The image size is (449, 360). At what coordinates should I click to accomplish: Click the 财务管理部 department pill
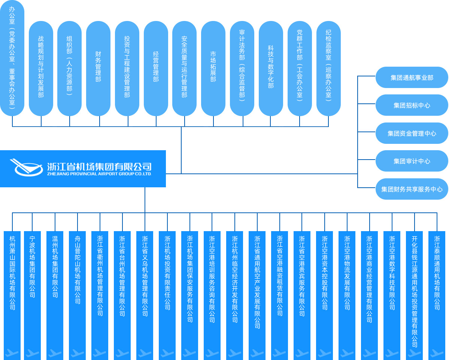coord(98,68)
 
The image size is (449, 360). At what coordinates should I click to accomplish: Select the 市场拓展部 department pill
coord(213,68)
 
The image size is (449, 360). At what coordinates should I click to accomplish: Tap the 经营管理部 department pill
coord(156,68)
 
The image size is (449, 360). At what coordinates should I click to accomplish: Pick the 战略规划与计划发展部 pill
coord(41,68)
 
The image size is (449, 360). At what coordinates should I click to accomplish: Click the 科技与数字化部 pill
coord(271,68)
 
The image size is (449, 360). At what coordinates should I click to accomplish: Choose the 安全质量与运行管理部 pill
coord(184,68)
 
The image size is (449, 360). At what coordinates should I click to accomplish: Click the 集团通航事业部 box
coord(412,78)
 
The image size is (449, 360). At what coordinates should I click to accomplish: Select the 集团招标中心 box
coord(412,105)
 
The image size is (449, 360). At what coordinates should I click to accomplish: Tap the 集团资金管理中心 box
coord(412,133)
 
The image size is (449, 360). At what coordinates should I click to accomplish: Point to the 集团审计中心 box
coord(412,161)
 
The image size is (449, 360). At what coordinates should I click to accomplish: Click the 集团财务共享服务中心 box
coord(412,189)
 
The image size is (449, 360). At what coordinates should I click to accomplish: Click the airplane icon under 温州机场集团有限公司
coord(55,353)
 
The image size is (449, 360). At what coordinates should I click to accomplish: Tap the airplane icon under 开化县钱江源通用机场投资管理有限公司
coord(415,353)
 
